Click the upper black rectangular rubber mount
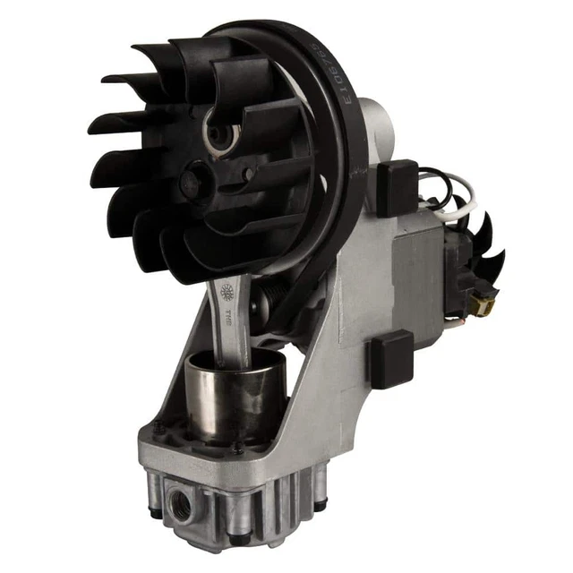397,187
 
